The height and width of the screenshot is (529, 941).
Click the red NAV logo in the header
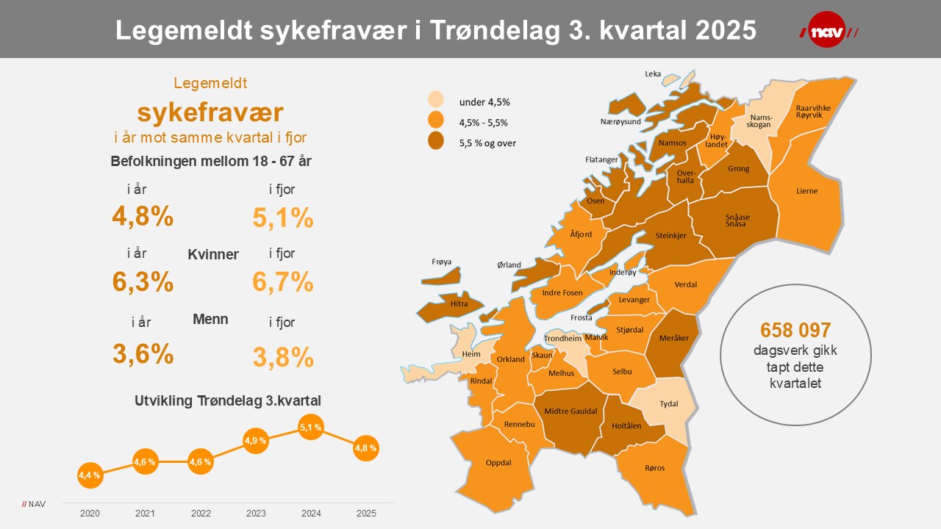(x=828, y=29)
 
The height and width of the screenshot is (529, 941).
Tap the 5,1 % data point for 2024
(x=311, y=427)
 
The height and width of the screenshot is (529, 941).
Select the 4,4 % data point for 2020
(x=90, y=475)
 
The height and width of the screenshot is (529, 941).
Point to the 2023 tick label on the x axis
(x=256, y=513)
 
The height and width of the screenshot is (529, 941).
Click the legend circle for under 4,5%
(x=437, y=101)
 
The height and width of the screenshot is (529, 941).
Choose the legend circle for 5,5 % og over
(x=437, y=141)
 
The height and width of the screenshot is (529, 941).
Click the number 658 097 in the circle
(x=795, y=330)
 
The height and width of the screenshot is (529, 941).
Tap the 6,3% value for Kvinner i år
(x=143, y=281)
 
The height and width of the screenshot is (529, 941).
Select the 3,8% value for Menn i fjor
(x=283, y=357)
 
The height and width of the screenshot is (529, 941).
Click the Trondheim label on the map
(x=562, y=339)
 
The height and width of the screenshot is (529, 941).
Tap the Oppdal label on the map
(x=498, y=463)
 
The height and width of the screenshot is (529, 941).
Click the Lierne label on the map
(x=806, y=191)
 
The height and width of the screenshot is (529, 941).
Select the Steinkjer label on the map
(x=670, y=235)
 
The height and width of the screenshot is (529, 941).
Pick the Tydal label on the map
(x=669, y=403)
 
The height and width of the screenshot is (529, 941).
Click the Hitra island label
(x=459, y=303)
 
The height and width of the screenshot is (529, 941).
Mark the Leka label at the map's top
(x=653, y=73)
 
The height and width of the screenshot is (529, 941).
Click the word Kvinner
(x=213, y=254)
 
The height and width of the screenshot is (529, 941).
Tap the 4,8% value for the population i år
(x=143, y=216)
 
